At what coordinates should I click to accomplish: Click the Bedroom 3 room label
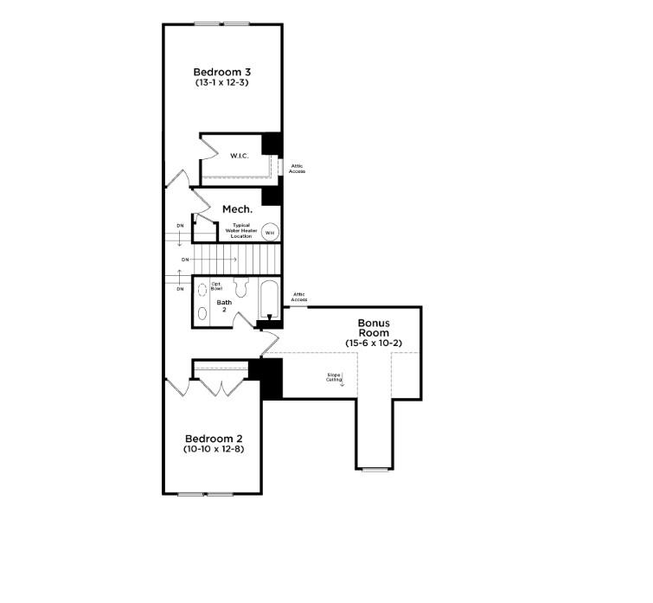221,71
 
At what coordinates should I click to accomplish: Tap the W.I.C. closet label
240,156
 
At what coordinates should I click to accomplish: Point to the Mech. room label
237,209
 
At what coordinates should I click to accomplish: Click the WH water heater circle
269,232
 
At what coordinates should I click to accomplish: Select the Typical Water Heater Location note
240,230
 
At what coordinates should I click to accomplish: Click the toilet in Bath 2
241,287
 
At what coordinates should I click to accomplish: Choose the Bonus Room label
374,327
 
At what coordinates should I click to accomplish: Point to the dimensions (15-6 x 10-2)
374,343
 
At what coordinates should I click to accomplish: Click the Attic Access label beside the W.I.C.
297,168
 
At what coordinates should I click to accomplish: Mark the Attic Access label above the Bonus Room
299,297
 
